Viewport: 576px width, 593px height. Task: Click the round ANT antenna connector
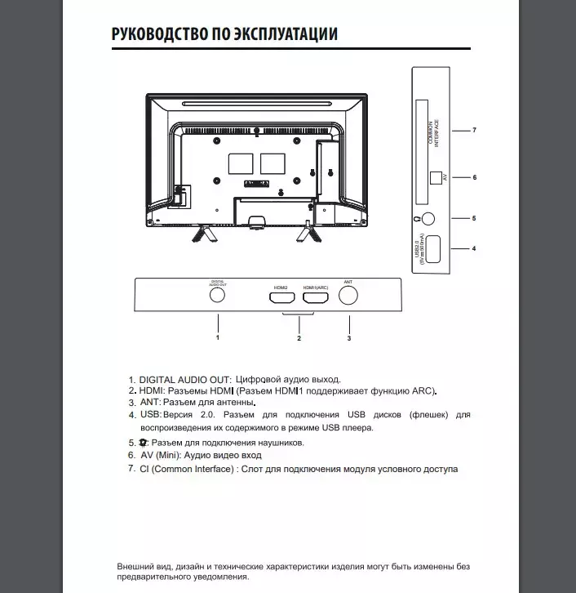[x=348, y=296]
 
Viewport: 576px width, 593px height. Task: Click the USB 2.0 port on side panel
[x=433, y=247]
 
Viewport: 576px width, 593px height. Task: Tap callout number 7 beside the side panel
[x=474, y=131]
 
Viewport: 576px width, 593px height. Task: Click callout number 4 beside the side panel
[x=474, y=248]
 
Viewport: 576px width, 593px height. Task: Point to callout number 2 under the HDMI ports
[x=299, y=337]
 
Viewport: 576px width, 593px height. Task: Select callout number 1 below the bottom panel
[x=218, y=337]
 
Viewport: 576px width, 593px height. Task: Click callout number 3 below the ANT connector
[x=348, y=337]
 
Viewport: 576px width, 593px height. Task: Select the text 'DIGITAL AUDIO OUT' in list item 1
[x=186, y=380]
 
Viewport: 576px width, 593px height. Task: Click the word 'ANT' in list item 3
[x=149, y=403]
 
